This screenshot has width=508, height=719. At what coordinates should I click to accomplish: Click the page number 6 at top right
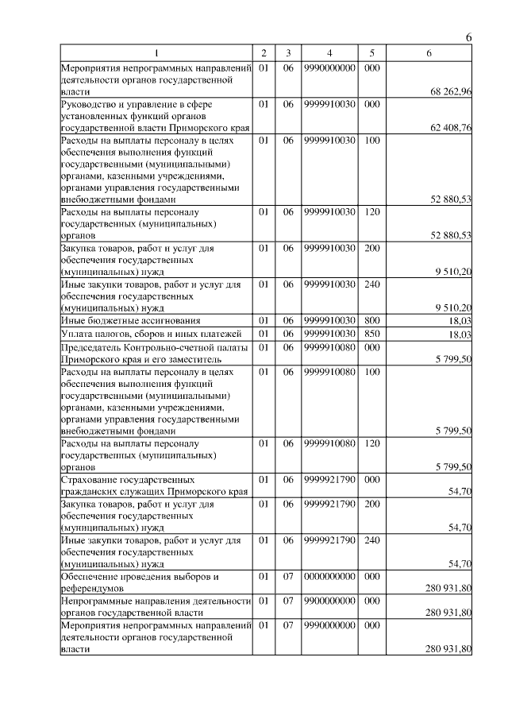coord(468,37)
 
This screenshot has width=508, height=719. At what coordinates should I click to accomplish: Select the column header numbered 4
coord(329,52)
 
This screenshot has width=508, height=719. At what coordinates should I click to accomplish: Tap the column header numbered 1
coord(156,52)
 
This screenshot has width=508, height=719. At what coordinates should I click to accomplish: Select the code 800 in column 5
coord(371,319)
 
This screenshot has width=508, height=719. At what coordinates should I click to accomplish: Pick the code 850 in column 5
coord(371,334)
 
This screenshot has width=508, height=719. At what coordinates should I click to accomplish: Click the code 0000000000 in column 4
coord(329,576)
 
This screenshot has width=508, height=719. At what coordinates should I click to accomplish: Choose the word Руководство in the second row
coord(90,103)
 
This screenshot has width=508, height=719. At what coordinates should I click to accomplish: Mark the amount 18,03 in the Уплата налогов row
coord(460,335)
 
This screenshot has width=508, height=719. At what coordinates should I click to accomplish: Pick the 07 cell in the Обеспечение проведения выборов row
coord(288,576)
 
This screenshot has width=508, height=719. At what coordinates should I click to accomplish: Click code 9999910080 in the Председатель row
coord(329,346)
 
